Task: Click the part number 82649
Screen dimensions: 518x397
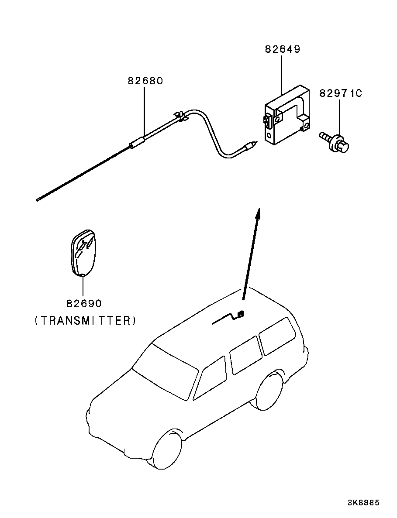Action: tap(282, 49)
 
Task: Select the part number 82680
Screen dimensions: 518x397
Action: tap(145, 81)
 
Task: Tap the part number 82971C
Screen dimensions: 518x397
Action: tap(341, 93)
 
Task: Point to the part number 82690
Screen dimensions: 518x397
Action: tap(84, 303)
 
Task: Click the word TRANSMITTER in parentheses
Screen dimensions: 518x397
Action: tap(85, 321)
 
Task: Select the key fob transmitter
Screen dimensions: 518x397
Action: tap(83, 253)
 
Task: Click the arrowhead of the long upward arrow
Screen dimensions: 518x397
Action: tap(258, 213)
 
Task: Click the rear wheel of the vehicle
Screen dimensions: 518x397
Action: tap(269, 390)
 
